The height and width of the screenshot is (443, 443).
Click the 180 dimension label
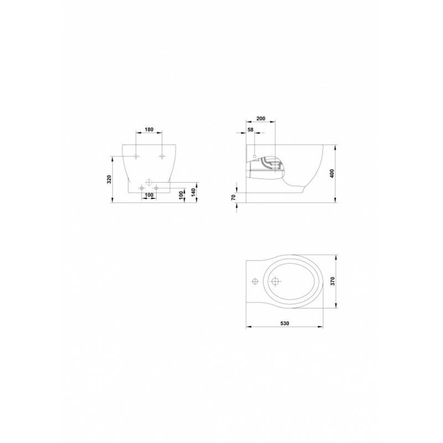[149, 130]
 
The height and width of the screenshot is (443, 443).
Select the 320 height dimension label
[109, 179]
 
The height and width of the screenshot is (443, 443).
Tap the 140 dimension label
[193, 192]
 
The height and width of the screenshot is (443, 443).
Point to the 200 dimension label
[261, 119]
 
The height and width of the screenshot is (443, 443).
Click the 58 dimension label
[250, 130]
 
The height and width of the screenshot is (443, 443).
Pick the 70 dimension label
[233, 198]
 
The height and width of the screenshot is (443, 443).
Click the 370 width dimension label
[333, 281]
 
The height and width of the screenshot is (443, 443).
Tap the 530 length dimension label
[285, 323]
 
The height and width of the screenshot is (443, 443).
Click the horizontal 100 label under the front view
[149, 195]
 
